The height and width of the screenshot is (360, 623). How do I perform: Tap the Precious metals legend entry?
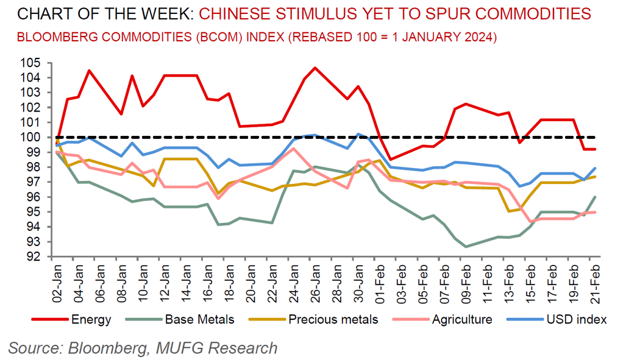click(333, 319)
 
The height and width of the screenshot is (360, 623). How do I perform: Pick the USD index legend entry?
click(574, 319)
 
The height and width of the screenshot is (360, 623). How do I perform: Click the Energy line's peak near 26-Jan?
click(315, 68)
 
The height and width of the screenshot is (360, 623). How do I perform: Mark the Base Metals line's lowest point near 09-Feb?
click(466, 247)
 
